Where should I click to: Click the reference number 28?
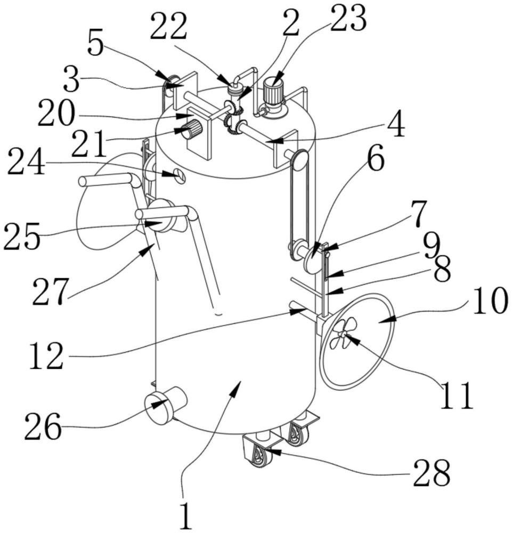click(432, 472)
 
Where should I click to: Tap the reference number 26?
click(43, 426)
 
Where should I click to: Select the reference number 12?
click(46, 356)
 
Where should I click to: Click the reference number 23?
click(348, 18)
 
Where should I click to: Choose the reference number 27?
click(50, 291)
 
